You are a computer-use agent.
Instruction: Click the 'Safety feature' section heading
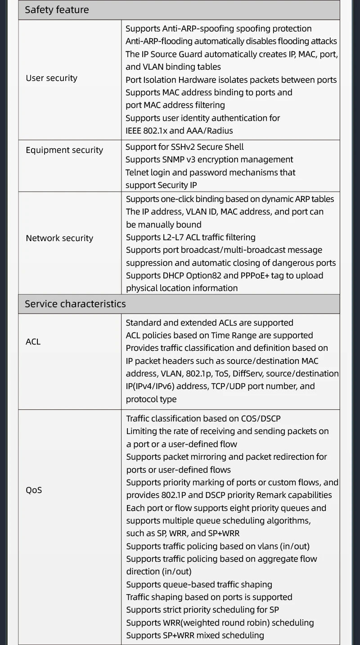[57, 10]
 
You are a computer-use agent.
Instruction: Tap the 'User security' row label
[51, 78]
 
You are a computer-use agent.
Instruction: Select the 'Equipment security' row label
[64, 150]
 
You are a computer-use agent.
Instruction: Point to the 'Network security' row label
[59, 238]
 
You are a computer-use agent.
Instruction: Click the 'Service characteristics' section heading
[75, 304]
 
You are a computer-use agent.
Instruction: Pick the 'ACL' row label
[33, 342]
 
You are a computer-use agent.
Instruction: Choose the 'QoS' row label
[34, 490]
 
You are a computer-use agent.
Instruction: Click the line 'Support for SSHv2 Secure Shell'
[184, 147]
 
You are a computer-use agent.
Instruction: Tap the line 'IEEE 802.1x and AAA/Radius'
[179, 131]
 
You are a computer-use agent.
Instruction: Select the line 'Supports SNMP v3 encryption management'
[209, 160]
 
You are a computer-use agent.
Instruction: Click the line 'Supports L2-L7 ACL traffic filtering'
[190, 237]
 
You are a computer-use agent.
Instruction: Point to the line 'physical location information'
[182, 288]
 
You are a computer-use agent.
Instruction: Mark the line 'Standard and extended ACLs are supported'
[209, 323]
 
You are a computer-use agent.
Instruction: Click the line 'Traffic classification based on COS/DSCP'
[203, 419]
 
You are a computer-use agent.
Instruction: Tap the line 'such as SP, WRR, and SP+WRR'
[183, 533]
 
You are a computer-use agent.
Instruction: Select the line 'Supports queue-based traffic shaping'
[199, 585]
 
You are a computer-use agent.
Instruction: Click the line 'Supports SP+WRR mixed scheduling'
[195, 636]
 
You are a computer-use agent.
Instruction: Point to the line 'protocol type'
[151, 399]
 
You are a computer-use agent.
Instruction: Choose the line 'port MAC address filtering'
[175, 105]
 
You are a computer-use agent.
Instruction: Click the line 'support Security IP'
[161, 185]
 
